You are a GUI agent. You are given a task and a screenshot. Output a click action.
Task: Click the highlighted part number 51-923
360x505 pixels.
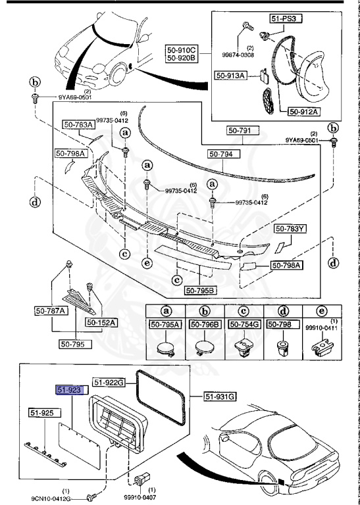point(68,390)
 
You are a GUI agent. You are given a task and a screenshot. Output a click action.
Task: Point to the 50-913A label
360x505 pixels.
point(230,76)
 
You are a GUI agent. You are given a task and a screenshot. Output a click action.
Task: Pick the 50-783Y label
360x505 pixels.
point(290,229)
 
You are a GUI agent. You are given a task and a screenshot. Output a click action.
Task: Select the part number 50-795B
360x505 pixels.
point(200,290)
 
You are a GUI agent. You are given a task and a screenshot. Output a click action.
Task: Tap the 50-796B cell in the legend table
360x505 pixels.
point(205,324)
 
